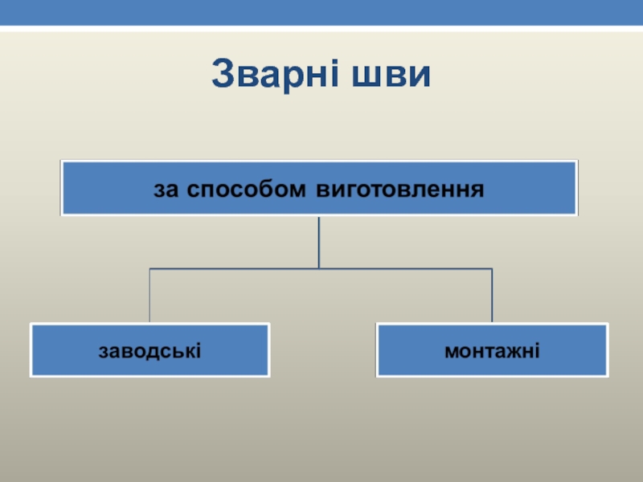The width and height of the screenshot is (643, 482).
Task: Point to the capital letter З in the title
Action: click(x=222, y=75)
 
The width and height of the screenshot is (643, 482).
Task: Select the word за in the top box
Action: click(x=163, y=190)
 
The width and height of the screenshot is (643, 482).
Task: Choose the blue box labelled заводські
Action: click(x=149, y=350)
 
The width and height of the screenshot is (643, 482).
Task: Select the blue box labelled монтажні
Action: click(x=492, y=350)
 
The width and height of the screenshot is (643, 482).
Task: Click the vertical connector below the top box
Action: click(x=319, y=241)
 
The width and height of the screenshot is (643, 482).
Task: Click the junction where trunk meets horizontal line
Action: click(x=319, y=268)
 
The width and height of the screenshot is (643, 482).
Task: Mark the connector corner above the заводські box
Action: click(x=149, y=268)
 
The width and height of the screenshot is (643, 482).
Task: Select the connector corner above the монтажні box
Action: click(x=492, y=268)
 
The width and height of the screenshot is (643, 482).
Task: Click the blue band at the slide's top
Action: click(x=321, y=12)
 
